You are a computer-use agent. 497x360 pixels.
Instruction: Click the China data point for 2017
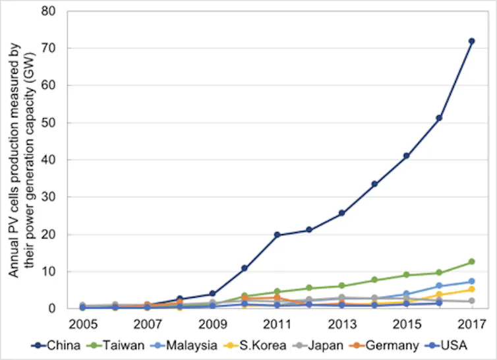pos(471,41)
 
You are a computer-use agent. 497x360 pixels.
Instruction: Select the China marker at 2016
pos(439,118)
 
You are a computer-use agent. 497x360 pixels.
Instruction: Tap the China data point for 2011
pos(277,235)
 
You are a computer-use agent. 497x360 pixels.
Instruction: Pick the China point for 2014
pos(374,184)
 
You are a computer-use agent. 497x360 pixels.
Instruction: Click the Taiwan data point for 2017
pos(471,262)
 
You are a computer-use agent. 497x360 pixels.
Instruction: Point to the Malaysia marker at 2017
pos(471,282)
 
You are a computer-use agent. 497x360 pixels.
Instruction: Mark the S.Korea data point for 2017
pos(471,289)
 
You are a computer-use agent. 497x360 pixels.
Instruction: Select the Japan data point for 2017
pos(471,301)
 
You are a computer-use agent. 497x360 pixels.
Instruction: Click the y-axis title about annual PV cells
pos(19,160)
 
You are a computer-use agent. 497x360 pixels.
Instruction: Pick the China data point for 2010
pos(245,268)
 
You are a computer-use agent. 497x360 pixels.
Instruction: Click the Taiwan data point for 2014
pos(374,280)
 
